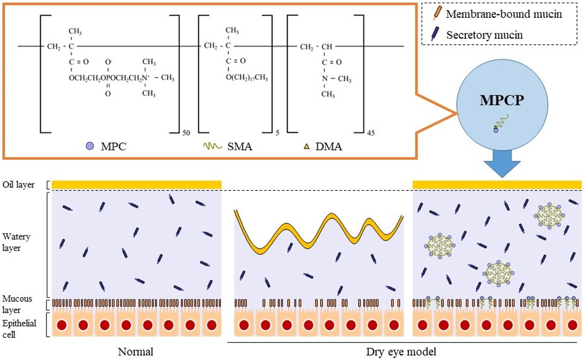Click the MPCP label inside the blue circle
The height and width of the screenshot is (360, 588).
(501, 100)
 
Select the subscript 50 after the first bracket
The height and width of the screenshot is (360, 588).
(186, 133)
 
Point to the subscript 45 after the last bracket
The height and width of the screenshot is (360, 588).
(371, 133)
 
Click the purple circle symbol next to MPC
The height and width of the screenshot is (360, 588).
(90, 146)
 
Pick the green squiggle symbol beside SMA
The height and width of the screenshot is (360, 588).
(212, 146)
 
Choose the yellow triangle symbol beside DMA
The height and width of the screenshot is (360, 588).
(306, 147)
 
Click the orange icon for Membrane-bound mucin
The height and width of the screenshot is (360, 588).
(437, 13)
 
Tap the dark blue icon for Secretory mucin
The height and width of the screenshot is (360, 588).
(435, 34)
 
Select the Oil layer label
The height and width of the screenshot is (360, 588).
(18, 185)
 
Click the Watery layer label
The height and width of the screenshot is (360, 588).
(16, 242)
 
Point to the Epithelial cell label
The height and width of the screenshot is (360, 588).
(19, 329)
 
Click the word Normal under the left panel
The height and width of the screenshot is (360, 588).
(136, 352)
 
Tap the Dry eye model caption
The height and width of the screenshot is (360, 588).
(401, 352)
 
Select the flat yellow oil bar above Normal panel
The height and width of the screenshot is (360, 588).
(136, 185)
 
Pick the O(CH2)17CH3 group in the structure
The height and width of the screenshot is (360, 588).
(247, 77)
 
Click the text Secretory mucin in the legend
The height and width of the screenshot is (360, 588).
(484, 35)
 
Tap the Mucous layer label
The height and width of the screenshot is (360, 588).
(17, 304)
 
